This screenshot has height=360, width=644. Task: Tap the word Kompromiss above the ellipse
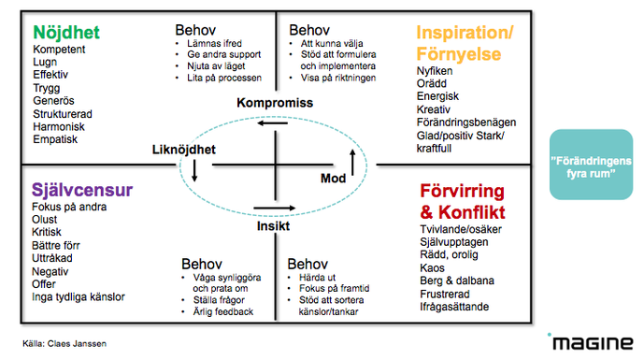coord(274,101)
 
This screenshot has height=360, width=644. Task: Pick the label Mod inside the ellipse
coord(334,177)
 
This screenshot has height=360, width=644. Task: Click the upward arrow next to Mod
coord(352,163)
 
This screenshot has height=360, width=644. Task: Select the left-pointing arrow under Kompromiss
coord(272,122)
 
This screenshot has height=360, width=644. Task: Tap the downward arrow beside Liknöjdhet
coord(194,169)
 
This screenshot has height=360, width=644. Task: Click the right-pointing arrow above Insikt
coord(268,209)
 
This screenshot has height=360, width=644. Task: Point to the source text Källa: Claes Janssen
coord(65,344)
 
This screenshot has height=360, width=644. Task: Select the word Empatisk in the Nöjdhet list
coord(56,139)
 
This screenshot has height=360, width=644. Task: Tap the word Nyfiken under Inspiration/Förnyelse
coord(436,70)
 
